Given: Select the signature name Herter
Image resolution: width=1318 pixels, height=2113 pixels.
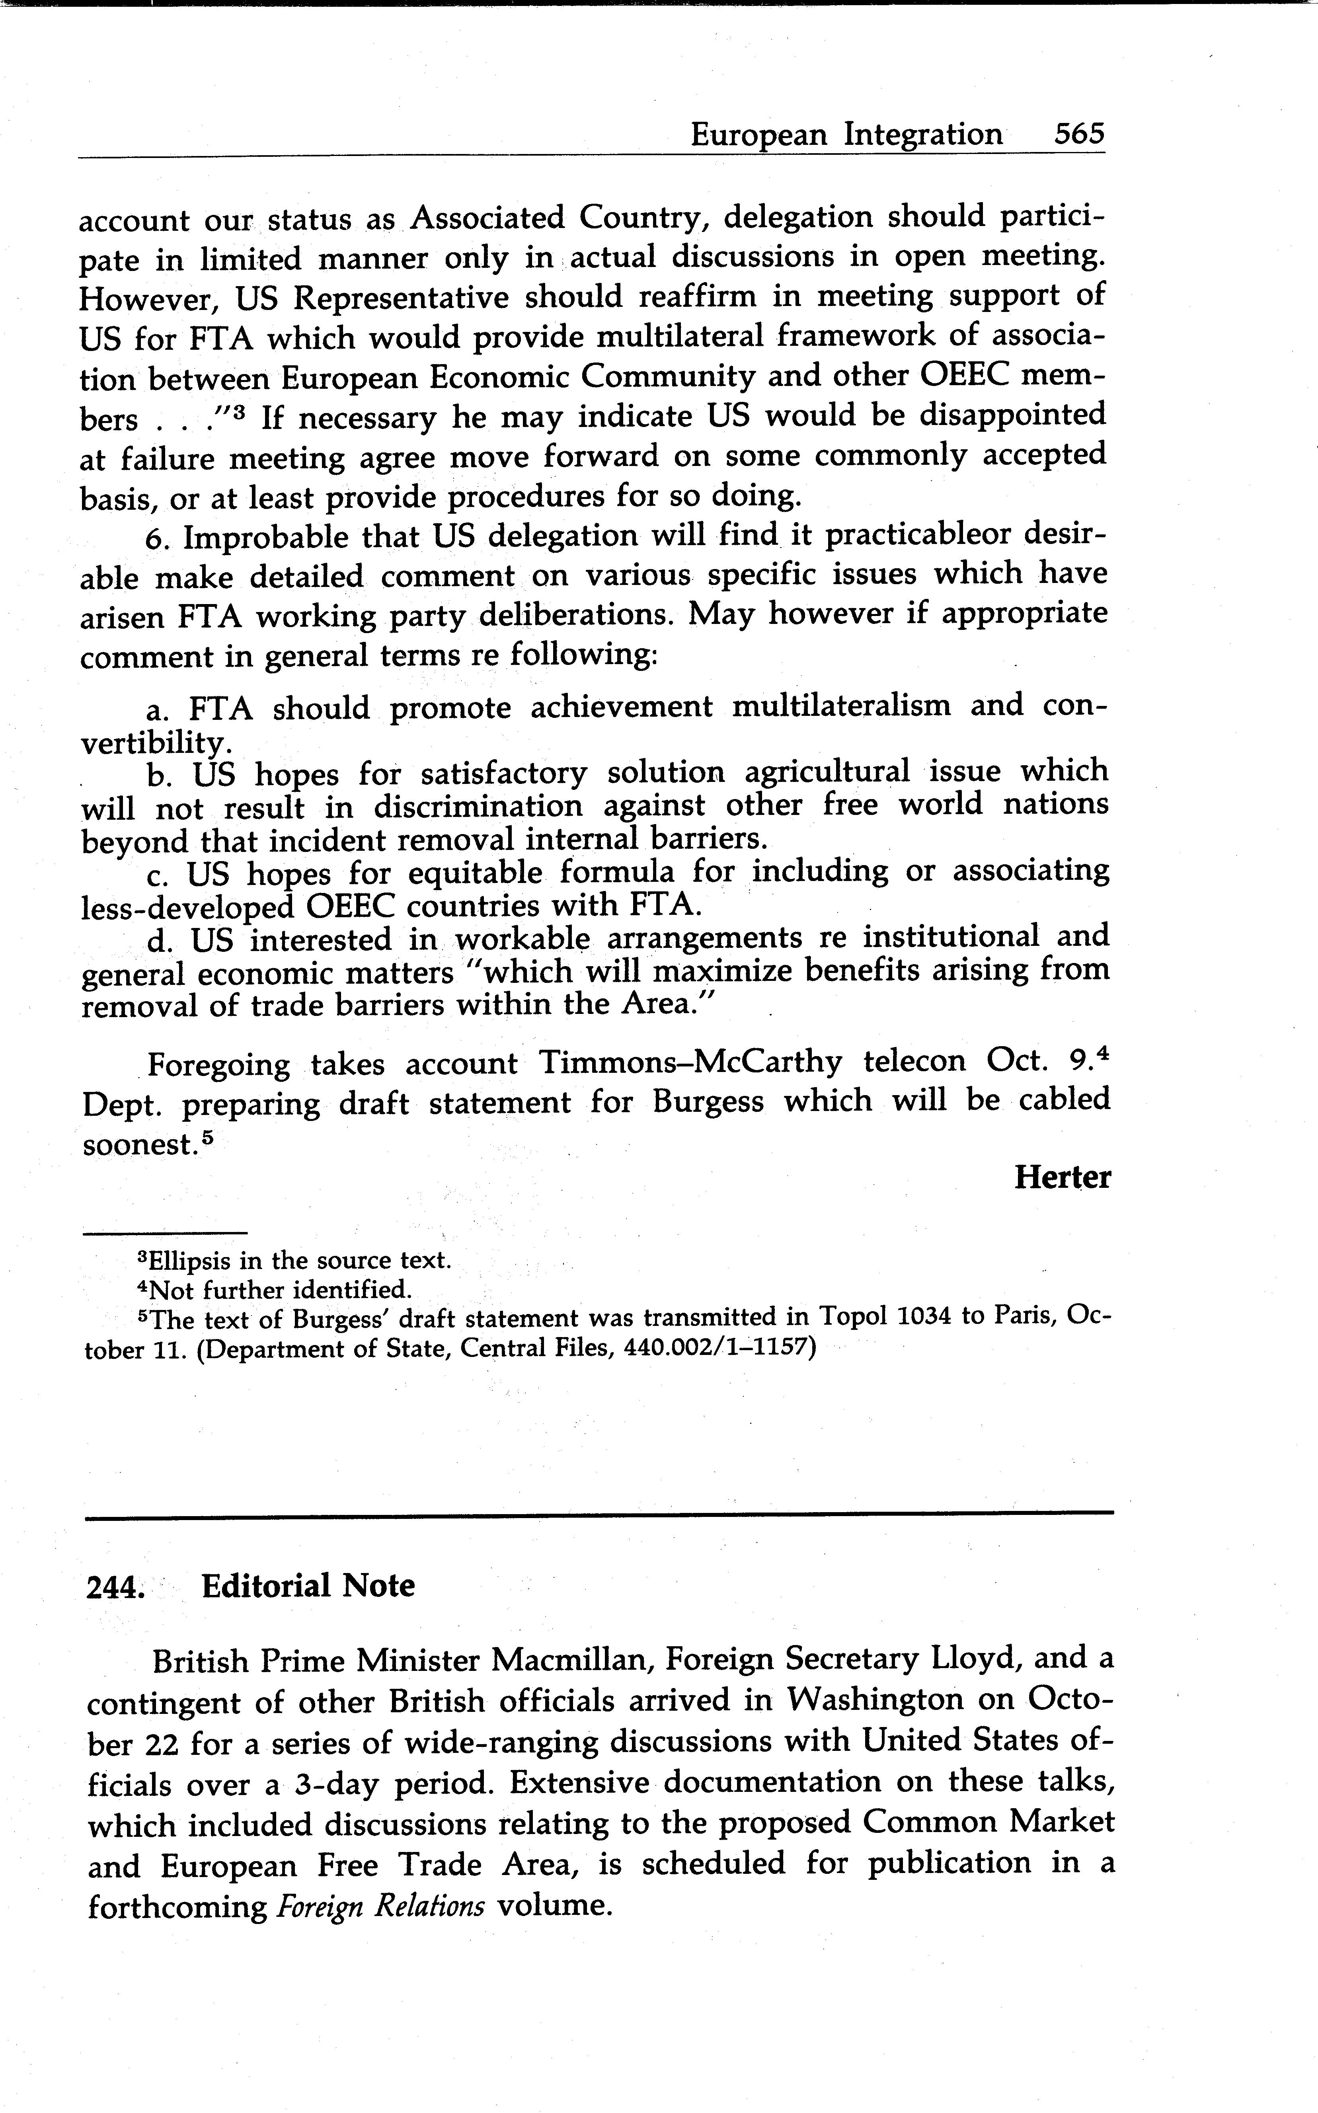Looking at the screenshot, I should pos(1062,1177).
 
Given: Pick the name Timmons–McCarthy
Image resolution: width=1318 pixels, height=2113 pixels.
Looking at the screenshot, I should pos(690,1062).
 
